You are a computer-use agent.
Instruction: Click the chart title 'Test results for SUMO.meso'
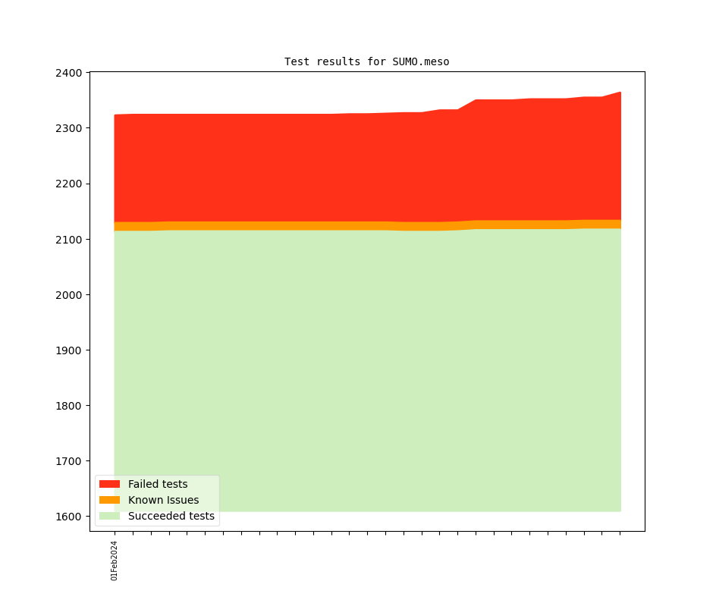click(366, 61)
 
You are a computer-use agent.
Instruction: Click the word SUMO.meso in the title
click(421, 61)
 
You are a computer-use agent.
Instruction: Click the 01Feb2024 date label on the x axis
click(115, 561)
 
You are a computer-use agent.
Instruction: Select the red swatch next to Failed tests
click(109, 484)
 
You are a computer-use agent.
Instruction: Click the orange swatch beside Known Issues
click(109, 500)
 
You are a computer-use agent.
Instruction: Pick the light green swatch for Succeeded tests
click(109, 516)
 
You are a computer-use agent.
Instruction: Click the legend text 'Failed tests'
click(158, 484)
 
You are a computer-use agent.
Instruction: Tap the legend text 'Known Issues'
click(163, 500)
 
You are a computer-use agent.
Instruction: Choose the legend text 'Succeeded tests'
click(171, 516)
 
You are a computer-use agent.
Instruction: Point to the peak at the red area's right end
click(620, 93)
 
